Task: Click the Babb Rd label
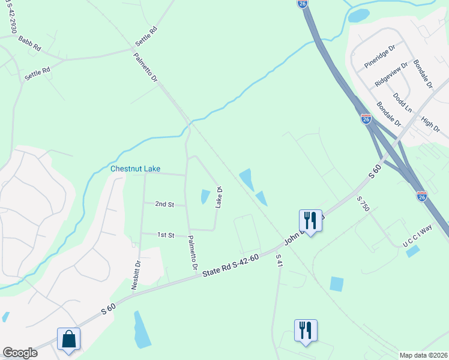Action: click(x=29, y=42)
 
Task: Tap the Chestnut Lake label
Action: click(x=135, y=169)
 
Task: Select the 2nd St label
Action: click(x=164, y=205)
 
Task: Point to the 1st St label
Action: click(x=166, y=235)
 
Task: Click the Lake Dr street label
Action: click(x=219, y=197)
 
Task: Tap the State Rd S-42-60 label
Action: click(x=231, y=265)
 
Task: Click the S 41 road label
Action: click(x=279, y=260)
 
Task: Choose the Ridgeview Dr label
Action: click(x=391, y=74)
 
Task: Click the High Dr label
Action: click(x=431, y=125)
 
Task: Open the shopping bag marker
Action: click(x=69, y=339)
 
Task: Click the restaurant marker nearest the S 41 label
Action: click(x=306, y=331)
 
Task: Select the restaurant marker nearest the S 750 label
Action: click(x=310, y=221)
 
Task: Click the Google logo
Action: click(x=20, y=353)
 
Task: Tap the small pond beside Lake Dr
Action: click(x=205, y=196)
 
